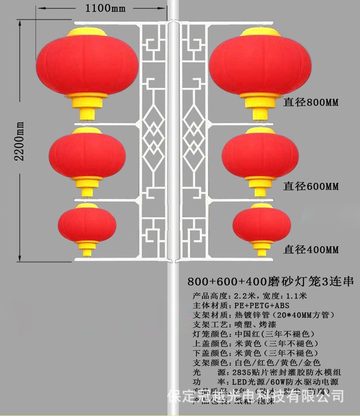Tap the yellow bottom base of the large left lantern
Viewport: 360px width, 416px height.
(x=87, y=107)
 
